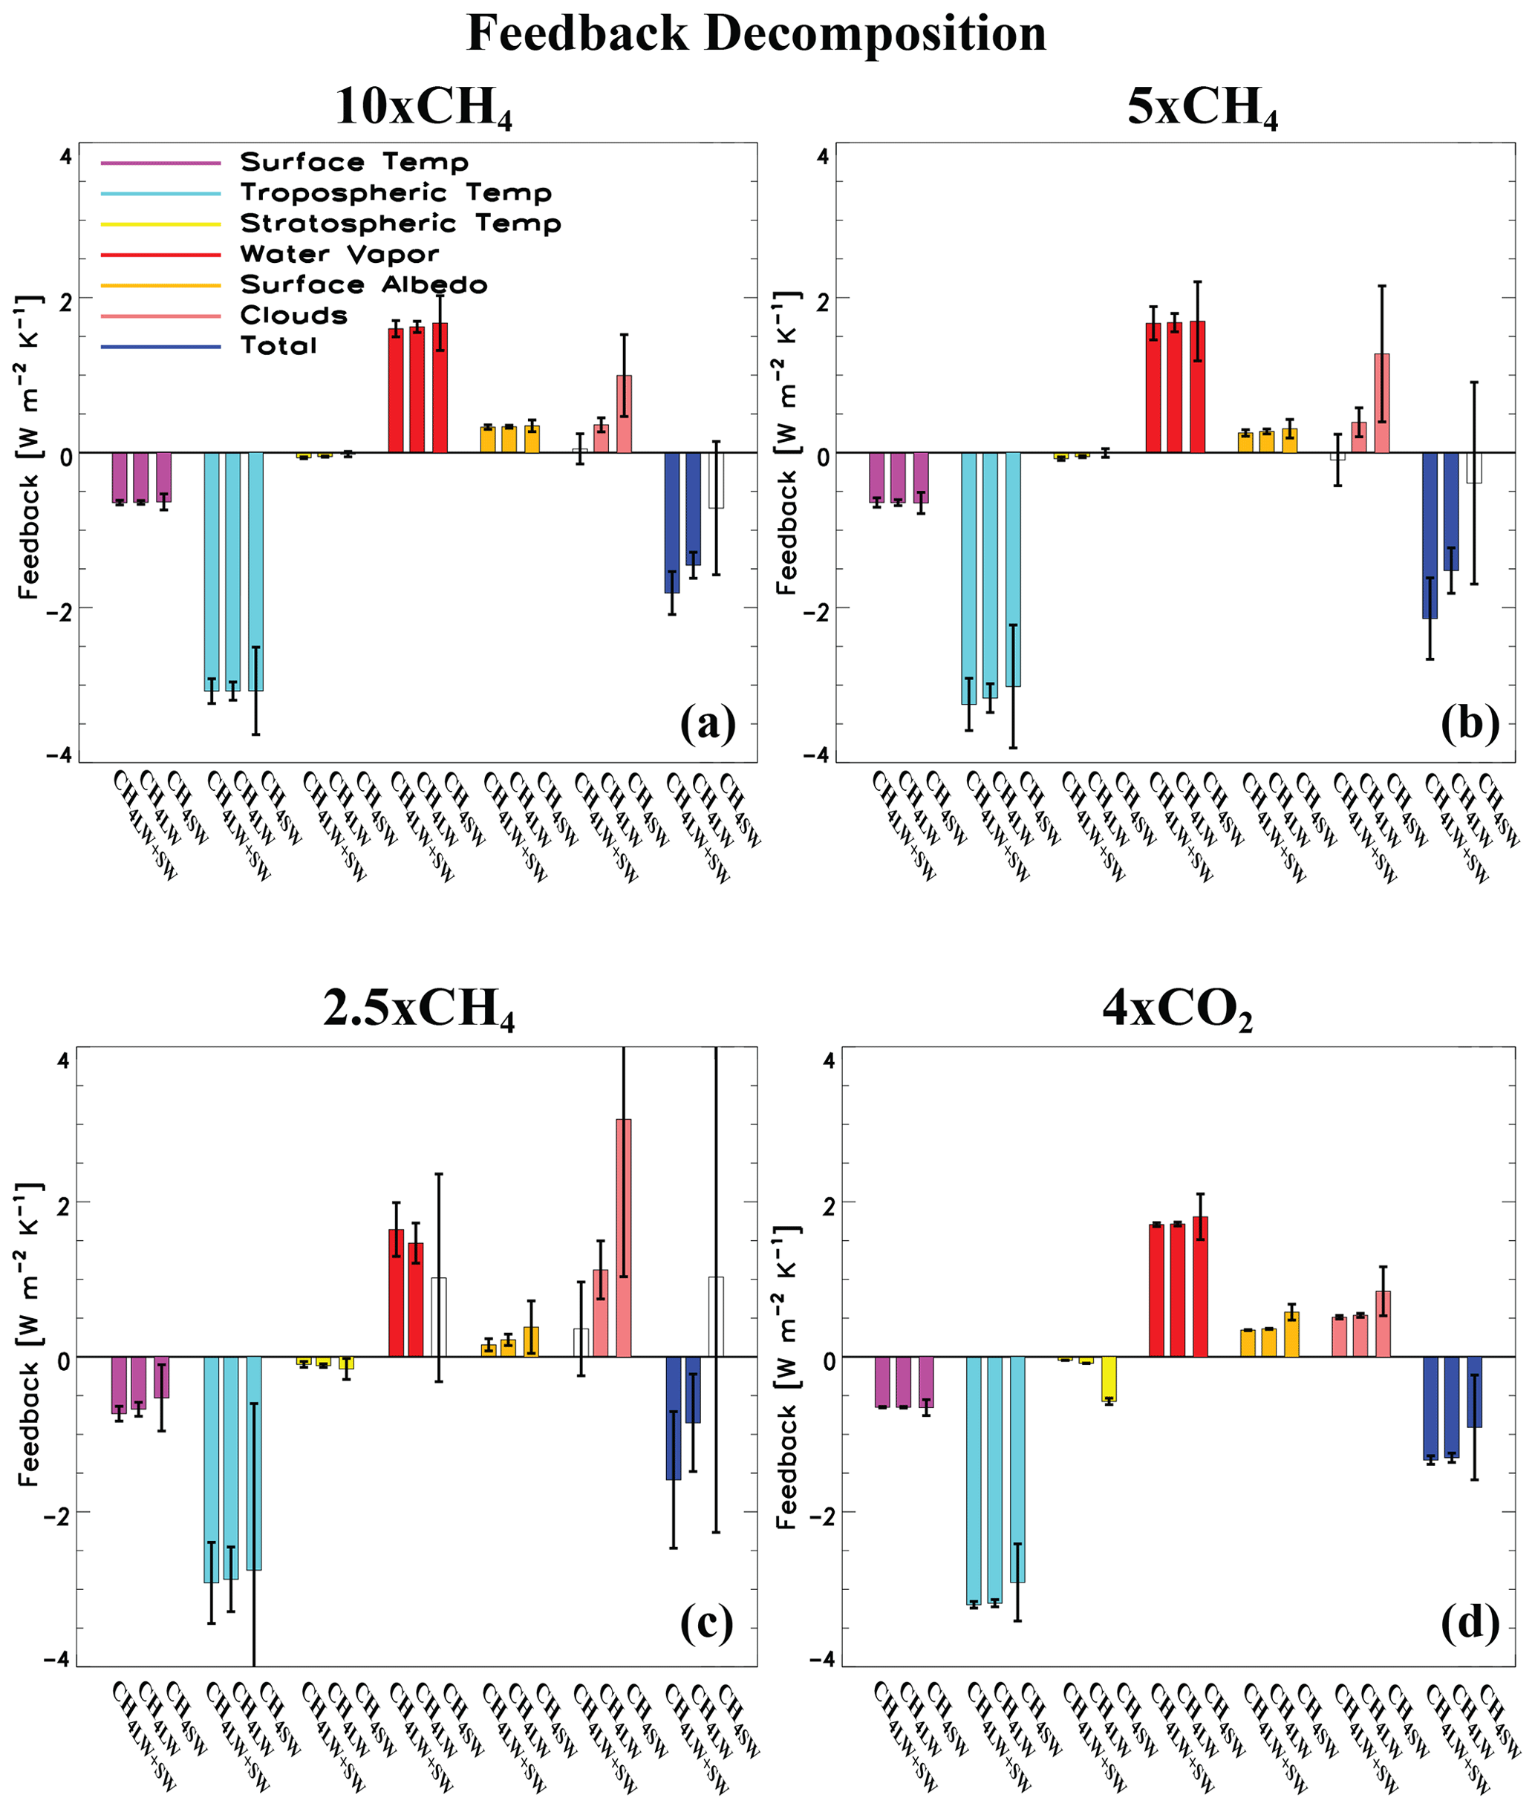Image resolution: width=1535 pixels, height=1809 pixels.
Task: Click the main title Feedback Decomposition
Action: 756,35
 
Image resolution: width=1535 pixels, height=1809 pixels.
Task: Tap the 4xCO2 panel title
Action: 1176,1009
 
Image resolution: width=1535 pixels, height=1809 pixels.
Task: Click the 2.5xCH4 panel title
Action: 419,1009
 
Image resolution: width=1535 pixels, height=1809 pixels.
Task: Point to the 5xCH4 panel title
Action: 1202,108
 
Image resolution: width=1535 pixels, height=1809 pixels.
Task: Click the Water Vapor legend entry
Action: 339,254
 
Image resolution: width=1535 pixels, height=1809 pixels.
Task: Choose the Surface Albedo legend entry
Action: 364,284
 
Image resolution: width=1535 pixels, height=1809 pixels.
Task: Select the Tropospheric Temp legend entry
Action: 396,192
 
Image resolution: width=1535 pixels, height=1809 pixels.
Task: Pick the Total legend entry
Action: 278,346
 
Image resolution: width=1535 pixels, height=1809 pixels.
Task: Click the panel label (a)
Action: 708,723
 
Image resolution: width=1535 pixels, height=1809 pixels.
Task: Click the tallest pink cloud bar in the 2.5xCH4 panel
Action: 623,1237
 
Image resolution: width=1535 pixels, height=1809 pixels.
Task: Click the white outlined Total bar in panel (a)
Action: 715,480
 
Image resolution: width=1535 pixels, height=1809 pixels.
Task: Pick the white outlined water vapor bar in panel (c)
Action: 439,1317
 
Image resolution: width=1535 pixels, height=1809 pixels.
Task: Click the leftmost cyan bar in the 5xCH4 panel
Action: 968,578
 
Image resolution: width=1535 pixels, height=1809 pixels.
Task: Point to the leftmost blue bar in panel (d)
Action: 1430,1408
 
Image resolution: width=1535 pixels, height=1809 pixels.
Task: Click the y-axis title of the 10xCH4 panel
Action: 30,447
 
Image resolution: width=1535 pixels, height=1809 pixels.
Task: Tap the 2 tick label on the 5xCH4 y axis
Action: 822,299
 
